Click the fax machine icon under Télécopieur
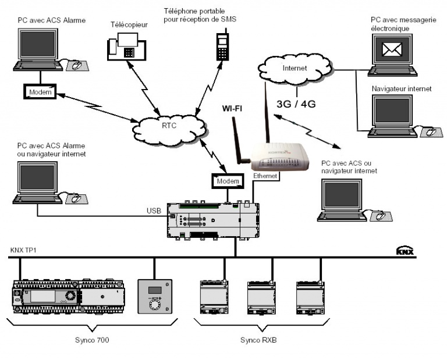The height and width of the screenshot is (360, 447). click(x=125, y=47)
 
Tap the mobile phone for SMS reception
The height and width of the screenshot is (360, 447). click(x=221, y=45)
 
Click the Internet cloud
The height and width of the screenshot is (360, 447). click(x=293, y=69)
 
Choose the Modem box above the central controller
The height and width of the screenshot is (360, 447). click(x=228, y=181)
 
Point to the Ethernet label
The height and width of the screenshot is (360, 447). click(x=266, y=176)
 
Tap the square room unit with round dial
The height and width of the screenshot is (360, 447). click(x=154, y=296)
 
